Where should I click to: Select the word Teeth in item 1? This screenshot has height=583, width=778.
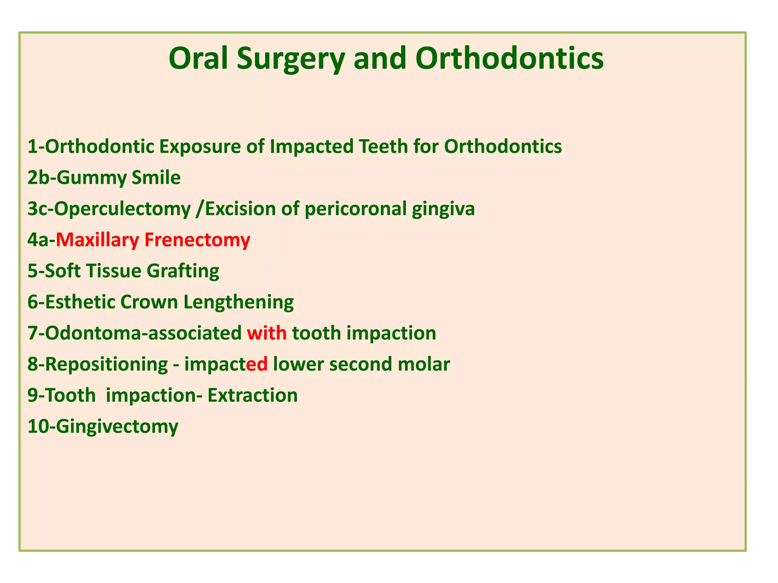pos(383,147)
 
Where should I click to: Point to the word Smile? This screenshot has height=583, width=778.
pos(156,178)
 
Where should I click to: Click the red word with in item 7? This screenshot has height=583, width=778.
pos(267,334)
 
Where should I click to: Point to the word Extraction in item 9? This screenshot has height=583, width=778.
pos(253,396)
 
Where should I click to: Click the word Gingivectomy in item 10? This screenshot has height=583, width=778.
pos(118,427)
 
